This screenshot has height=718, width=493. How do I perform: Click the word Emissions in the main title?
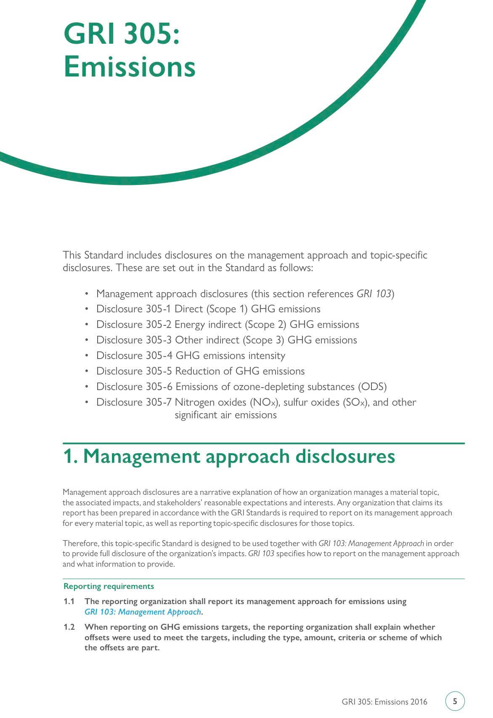[x=130, y=67]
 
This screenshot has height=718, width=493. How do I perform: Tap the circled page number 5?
[x=455, y=701]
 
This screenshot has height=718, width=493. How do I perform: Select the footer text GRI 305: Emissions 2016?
[x=384, y=702]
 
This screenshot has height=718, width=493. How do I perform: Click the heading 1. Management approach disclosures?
[x=229, y=456]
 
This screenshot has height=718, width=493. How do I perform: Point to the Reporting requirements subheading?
[x=109, y=586]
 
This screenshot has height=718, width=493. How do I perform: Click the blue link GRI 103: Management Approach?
[x=143, y=612]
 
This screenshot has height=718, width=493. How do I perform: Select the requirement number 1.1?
[x=69, y=602]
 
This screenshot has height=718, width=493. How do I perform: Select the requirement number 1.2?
[x=69, y=627]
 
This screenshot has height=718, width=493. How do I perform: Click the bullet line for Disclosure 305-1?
[x=208, y=309]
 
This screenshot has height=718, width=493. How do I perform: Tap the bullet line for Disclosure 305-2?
[x=228, y=325]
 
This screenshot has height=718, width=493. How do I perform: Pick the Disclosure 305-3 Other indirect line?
[x=226, y=340]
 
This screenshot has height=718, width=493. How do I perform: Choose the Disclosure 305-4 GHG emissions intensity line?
[x=191, y=356]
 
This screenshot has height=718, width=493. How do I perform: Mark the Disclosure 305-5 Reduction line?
[x=200, y=371]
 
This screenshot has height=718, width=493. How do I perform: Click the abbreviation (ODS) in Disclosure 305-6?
[x=372, y=387]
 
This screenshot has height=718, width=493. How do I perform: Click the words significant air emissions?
[x=225, y=415]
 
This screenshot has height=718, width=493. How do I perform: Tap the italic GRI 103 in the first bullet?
[x=374, y=293]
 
